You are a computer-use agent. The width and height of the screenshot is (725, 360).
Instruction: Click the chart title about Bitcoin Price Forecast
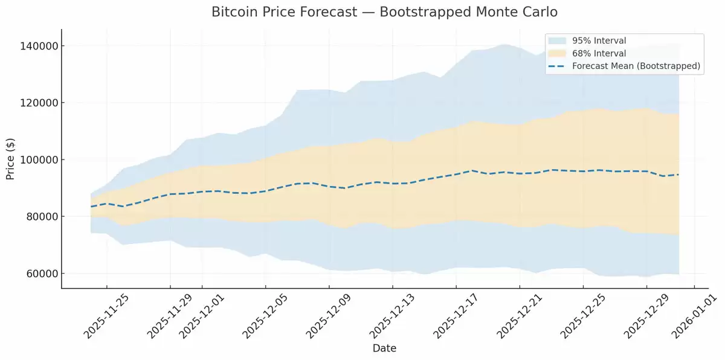(384, 12)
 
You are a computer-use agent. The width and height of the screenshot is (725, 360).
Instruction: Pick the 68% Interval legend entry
(599, 54)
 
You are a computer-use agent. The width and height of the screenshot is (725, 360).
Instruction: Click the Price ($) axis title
(10, 159)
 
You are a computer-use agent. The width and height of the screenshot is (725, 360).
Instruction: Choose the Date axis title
(384, 349)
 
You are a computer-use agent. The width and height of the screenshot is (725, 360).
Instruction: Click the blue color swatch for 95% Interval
(557, 41)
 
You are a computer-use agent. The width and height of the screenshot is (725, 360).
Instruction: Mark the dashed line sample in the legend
(557, 66)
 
